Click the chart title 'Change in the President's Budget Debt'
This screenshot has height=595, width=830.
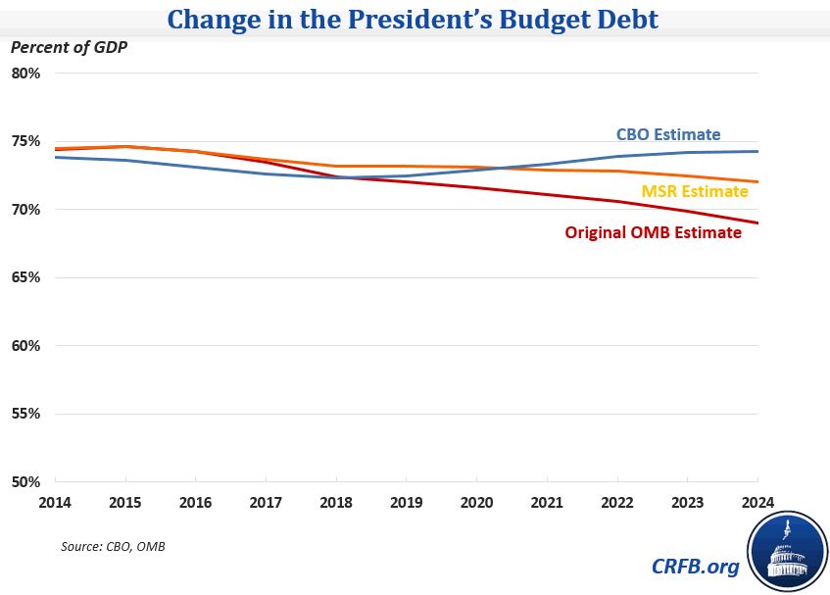[415, 19]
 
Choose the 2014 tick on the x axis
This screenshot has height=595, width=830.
[56, 501]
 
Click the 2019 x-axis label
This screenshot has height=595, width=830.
[406, 501]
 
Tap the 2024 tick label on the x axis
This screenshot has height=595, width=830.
[757, 501]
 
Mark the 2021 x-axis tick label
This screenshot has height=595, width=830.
[547, 501]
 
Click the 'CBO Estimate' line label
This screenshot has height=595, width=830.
[667, 135]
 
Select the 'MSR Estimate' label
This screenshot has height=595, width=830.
[695, 192]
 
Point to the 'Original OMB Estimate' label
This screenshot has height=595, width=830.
[653, 233]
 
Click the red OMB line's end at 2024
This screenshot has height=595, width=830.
[757, 223]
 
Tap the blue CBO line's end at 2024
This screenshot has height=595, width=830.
[757, 151]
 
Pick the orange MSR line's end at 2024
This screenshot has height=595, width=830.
[757, 181]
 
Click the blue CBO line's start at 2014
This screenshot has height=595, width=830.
[56, 157]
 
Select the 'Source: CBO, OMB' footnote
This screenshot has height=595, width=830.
[113, 546]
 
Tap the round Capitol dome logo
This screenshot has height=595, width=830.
[786, 551]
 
